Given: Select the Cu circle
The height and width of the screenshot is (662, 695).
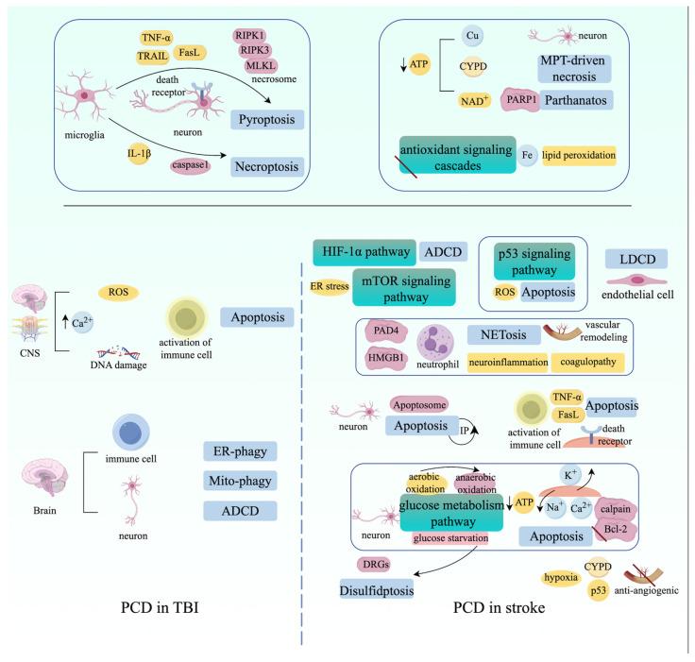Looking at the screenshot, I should pos(473,34).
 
